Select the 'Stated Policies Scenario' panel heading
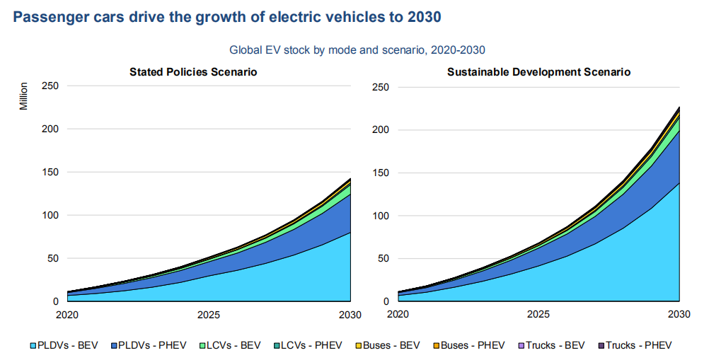tap(192, 72)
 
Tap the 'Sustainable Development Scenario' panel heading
tap(538, 72)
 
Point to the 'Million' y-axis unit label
tap(23, 96)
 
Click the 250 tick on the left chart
tap(50, 86)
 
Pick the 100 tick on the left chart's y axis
tap(50, 215)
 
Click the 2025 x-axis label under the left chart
tap(208, 314)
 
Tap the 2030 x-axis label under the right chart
tap(679, 314)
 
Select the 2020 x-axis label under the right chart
tap(398, 314)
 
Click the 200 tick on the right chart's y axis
tap(381, 129)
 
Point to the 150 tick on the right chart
tap(381, 173)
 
